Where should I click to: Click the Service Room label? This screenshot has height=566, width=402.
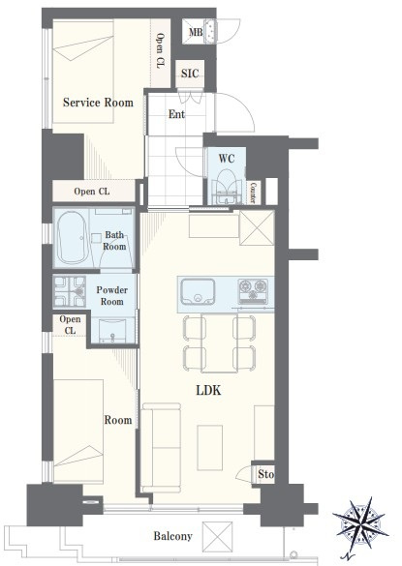click(x=98, y=103)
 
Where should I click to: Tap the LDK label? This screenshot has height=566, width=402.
click(x=208, y=390)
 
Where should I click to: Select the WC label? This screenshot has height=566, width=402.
click(x=227, y=159)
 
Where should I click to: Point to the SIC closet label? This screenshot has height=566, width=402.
click(x=190, y=74)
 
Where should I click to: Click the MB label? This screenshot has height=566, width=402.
click(x=196, y=32)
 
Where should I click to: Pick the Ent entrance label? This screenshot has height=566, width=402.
click(x=176, y=114)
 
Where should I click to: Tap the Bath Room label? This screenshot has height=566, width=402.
click(x=114, y=241)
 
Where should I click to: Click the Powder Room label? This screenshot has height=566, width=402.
click(x=112, y=296)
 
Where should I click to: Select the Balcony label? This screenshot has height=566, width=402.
click(x=172, y=536)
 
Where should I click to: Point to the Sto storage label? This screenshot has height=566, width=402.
click(x=265, y=474)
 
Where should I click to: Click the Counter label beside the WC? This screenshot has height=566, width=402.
click(x=254, y=193)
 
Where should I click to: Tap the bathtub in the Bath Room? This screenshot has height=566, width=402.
click(x=72, y=237)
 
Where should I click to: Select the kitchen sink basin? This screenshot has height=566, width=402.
click(x=199, y=291)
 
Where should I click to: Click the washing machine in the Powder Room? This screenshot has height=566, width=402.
click(x=70, y=291)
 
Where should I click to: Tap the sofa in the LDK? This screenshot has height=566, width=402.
click(x=161, y=448)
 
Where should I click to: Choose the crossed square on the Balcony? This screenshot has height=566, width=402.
click(x=217, y=537)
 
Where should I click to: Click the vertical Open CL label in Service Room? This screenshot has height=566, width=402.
click(x=160, y=50)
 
